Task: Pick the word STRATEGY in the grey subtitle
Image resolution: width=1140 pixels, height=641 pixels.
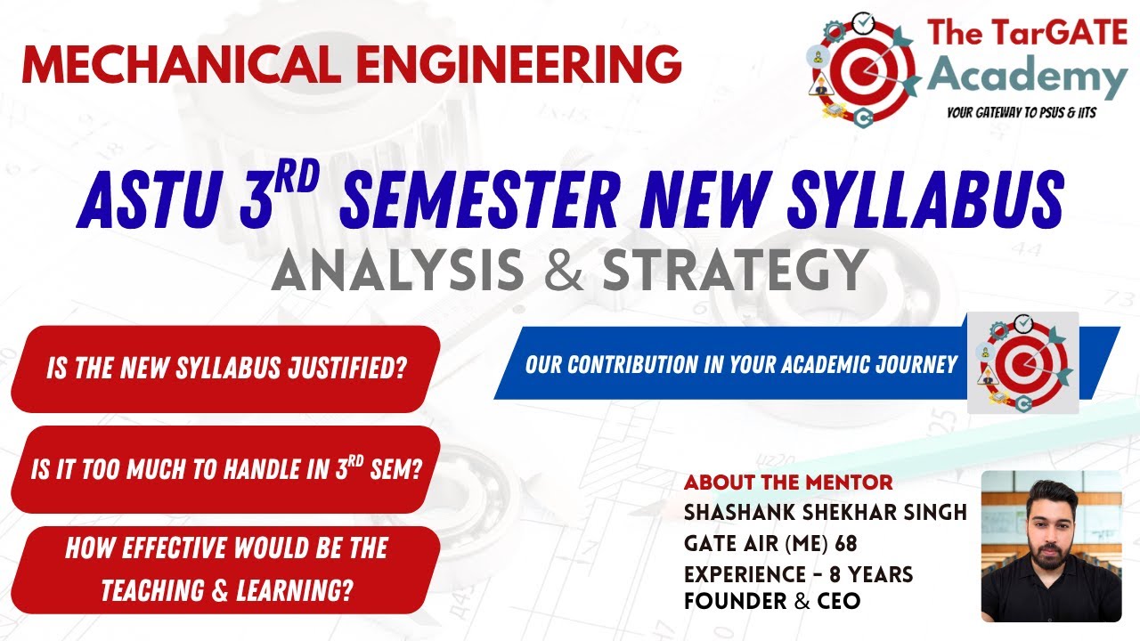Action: [x=735, y=270]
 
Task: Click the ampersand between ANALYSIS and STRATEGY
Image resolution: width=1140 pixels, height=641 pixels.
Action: [x=563, y=270]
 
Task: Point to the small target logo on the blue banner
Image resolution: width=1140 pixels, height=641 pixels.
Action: [x=1022, y=362]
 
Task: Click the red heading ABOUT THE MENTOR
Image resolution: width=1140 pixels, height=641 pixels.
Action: [x=787, y=483]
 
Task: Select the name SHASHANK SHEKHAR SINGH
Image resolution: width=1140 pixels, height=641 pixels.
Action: [x=825, y=514]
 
